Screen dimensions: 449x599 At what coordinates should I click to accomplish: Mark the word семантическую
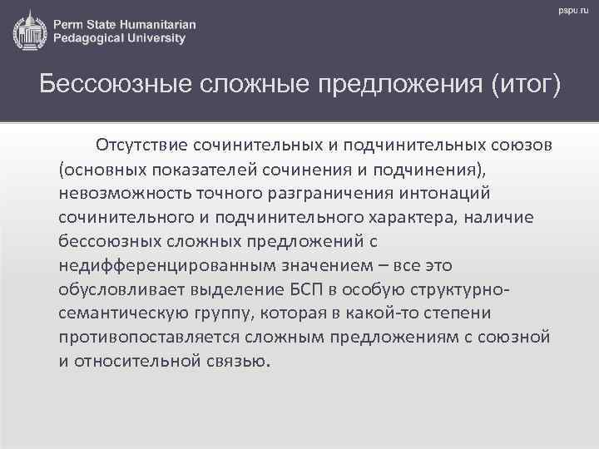[x=127, y=313]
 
